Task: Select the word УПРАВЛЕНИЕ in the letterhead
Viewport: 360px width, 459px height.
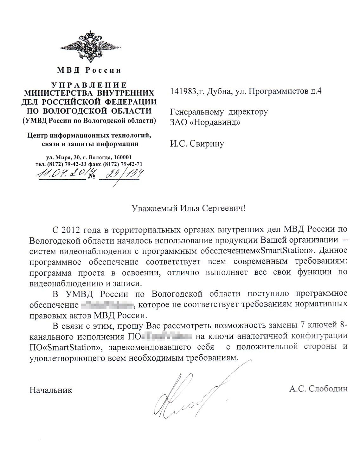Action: (89, 85)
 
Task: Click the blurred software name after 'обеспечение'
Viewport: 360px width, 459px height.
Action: (108, 305)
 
